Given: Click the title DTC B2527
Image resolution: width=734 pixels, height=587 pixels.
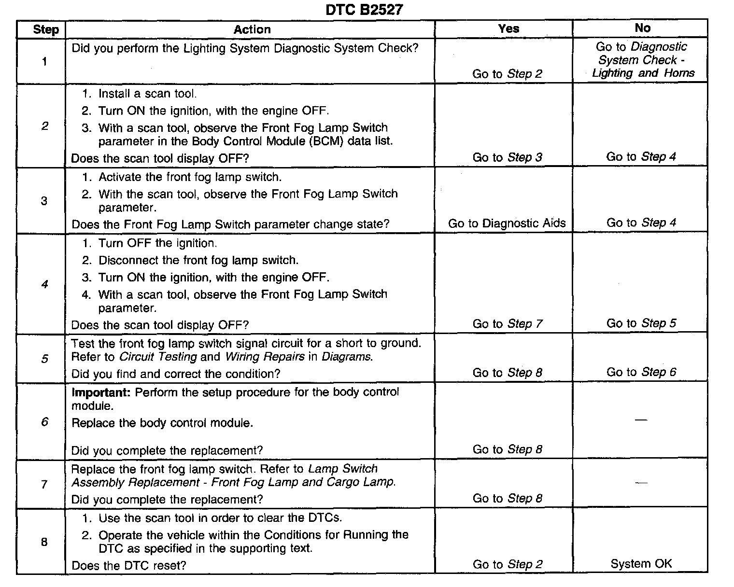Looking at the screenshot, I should coord(364,10).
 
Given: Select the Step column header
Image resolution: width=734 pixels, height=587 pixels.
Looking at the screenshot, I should coord(45,30).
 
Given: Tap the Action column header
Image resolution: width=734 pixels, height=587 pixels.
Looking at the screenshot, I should coord(252,30).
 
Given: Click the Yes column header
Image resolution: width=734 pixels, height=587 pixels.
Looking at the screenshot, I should coord(508,29).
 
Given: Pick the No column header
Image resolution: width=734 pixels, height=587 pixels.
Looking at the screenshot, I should coord(642,28).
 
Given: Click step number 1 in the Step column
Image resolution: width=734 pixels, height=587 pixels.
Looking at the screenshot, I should coord(44,61).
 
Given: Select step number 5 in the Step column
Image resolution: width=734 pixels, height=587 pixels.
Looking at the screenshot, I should coord(44,359).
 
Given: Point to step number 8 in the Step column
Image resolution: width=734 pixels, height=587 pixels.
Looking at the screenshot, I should coord(44,542).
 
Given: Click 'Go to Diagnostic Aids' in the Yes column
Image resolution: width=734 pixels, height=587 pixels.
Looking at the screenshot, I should coord(507,224).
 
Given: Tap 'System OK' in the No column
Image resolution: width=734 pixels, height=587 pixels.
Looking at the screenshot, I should coord(641,564).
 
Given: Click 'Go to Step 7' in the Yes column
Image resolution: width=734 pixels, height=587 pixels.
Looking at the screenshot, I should coord(507,324).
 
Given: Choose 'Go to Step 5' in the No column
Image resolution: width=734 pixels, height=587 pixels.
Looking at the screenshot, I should coord(641,323).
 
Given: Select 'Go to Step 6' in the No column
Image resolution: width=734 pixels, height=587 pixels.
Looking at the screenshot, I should coord(641,372).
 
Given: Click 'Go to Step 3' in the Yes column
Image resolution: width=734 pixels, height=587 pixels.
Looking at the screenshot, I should coord(507,157).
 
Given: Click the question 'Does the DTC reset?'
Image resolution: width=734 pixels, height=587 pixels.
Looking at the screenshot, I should coord(128,565).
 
